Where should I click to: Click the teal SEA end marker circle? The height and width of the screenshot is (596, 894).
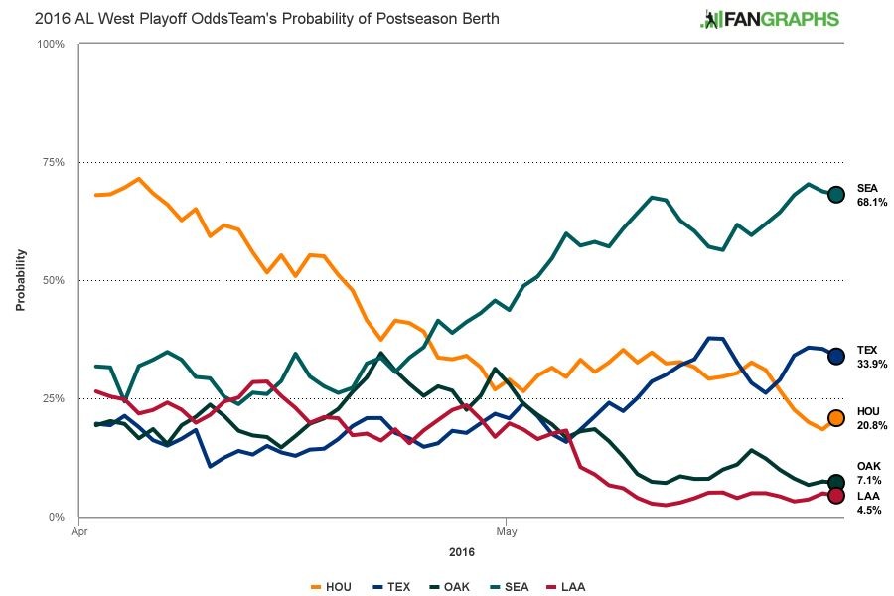[x=836, y=195]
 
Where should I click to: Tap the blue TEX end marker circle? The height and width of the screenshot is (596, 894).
[x=836, y=356]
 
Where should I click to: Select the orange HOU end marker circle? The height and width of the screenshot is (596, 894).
[x=836, y=418]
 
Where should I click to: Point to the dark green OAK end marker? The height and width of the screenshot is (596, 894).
[x=836, y=483]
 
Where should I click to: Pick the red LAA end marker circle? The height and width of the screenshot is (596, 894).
[x=836, y=496]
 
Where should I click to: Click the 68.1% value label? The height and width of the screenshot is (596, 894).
[x=871, y=202]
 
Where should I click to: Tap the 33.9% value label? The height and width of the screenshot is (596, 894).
[x=871, y=364]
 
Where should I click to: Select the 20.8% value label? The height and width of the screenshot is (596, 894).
[x=871, y=425]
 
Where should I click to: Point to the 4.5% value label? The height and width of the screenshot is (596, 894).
[x=869, y=503]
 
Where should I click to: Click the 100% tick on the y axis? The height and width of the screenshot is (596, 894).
[x=50, y=44]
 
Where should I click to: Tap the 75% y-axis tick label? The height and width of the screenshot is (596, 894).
[x=52, y=162]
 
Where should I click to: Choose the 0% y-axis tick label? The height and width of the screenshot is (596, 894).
[x=56, y=517]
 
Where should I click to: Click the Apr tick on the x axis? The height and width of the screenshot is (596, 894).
[x=77, y=531]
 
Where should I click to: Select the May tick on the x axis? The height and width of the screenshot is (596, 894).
[x=506, y=531]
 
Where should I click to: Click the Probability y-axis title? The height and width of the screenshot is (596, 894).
[x=19, y=280]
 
